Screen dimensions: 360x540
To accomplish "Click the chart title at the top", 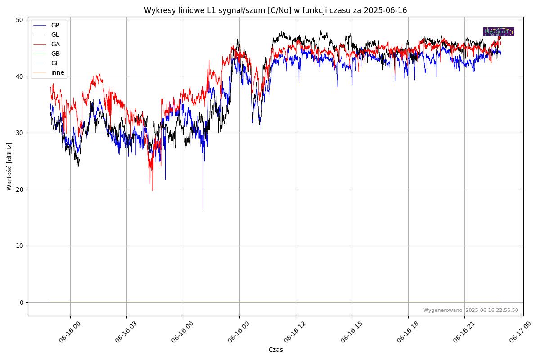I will point(275,10).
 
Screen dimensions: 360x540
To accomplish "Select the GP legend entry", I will point(55,25).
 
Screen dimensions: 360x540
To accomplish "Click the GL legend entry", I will point(55,35).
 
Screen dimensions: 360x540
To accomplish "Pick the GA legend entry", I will point(55,44).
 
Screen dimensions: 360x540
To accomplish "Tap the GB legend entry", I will point(55,54).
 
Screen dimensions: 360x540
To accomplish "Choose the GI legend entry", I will point(54,63).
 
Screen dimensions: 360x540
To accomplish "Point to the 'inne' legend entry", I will point(58,72).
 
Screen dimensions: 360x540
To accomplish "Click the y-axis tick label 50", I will point(19,20).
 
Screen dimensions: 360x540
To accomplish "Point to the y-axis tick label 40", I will point(19,76).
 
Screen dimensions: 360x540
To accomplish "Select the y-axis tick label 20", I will point(19,189).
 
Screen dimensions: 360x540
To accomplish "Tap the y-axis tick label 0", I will point(21,302).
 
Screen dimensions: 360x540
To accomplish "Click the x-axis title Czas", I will point(275,350).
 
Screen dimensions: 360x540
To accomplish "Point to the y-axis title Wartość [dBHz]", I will point(9,166).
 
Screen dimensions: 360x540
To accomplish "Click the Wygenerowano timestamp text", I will point(471,310).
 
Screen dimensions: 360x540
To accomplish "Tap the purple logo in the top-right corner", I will point(499,31).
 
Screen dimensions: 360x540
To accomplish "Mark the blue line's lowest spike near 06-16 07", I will point(203,208).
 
